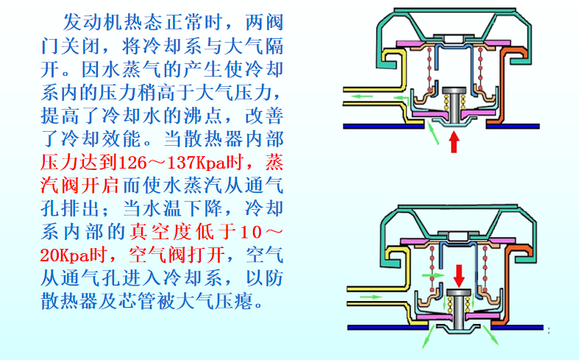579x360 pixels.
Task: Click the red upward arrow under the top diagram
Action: click(454, 141)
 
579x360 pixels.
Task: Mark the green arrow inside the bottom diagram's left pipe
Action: click(373, 296)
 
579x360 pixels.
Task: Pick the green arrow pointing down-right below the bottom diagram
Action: click(492, 338)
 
